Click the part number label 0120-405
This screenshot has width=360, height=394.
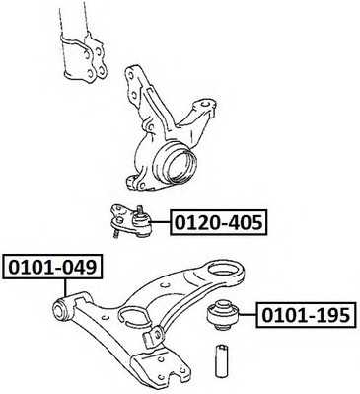click(x=219, y=223)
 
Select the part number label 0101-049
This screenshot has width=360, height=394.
click(x=52, y=268)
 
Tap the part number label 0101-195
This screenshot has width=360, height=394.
click(x=307, y=316)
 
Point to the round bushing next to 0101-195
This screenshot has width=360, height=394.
click(x=226, y=315)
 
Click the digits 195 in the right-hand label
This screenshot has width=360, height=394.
click(x=332, y=316)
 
